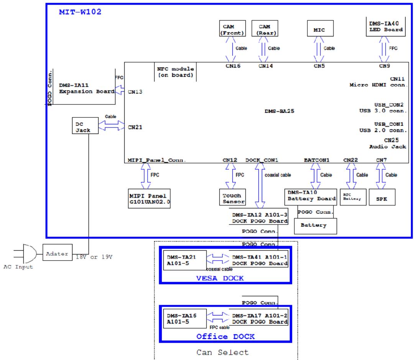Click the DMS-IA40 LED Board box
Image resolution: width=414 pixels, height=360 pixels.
pyautogui.click(x=389, y=26)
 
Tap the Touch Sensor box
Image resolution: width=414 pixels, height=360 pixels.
pyautogui.click(x=232, y=197)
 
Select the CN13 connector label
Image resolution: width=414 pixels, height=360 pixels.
pyautogui.click(x=135, y=92)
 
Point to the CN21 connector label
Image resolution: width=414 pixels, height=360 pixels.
pyautogui.click(x=135, y=126)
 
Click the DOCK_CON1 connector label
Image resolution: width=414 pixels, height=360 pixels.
pyautogui.click(x=262, y=160)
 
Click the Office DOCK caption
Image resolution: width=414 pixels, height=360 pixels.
pyautogui.click(x=226, y=337)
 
